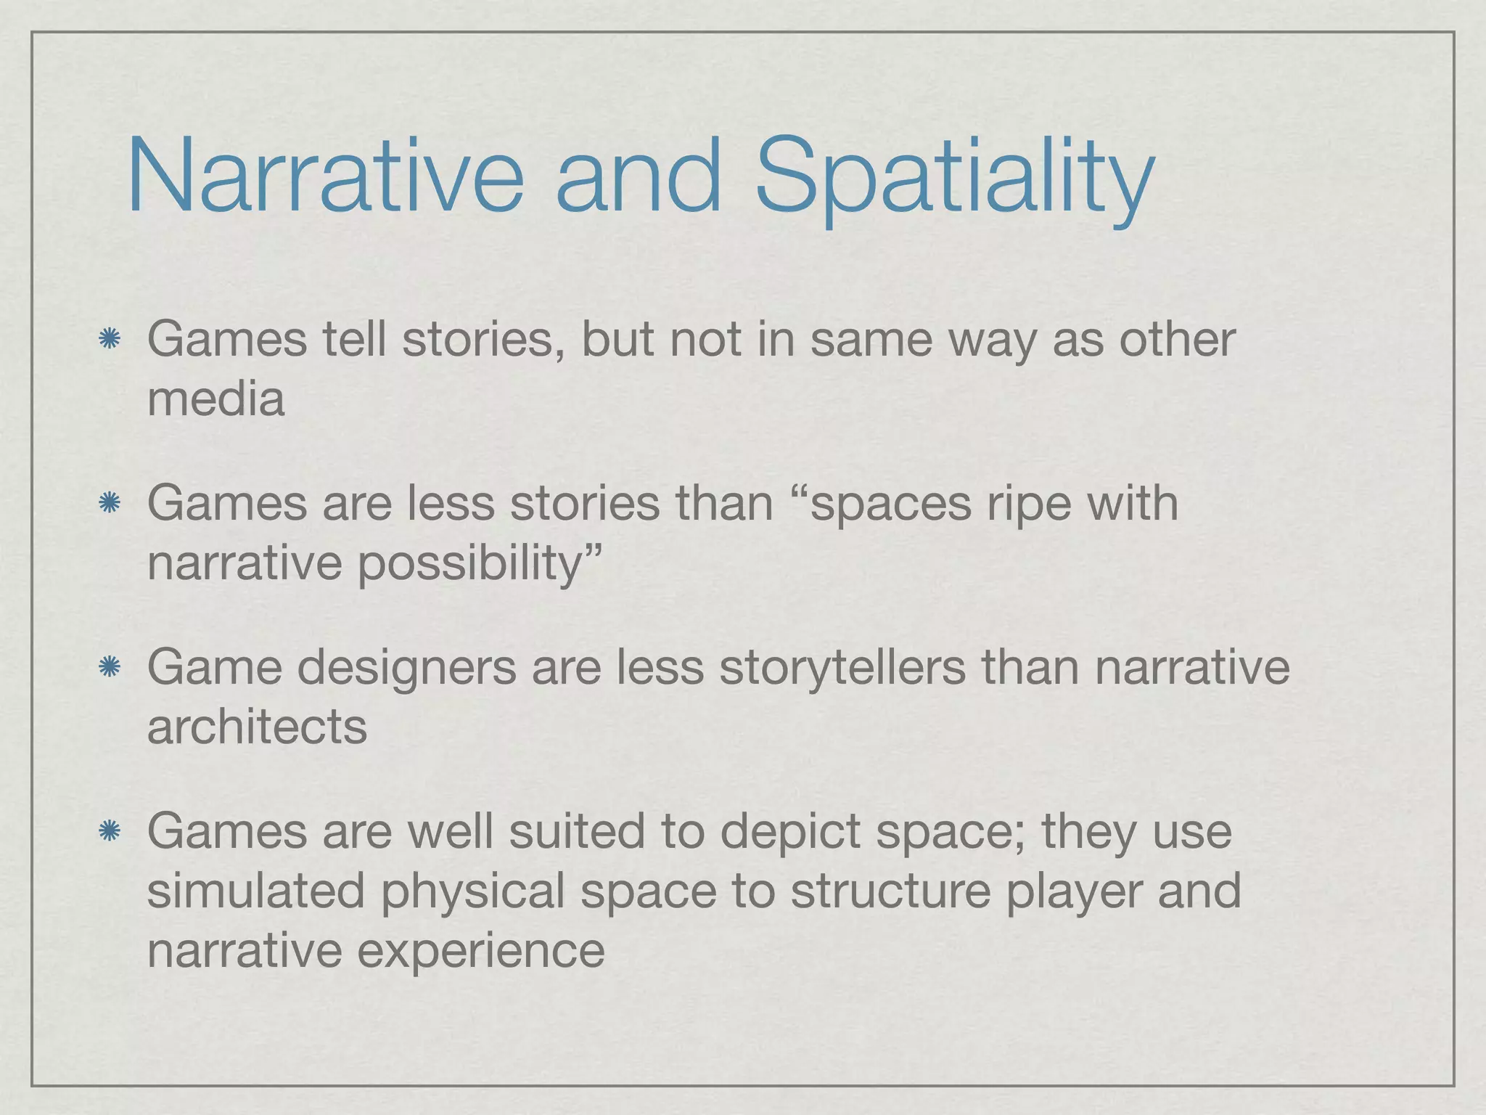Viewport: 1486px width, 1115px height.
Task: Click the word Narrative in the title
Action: tap(324, 176)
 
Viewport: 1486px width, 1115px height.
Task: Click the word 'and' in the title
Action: tap(638, 176)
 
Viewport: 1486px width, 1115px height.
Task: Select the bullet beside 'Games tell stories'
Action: tap(109, 339)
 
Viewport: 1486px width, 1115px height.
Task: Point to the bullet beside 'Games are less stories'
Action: tap(109, 503)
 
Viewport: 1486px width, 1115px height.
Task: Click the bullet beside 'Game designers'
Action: tap(109, 667)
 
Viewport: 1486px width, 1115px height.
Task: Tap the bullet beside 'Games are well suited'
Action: tap(109, 831)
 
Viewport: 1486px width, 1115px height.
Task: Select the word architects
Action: tap(257, 727)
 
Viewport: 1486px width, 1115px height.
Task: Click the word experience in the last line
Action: tap(480, 951)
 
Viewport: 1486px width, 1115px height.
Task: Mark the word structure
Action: tap(890, 891)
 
